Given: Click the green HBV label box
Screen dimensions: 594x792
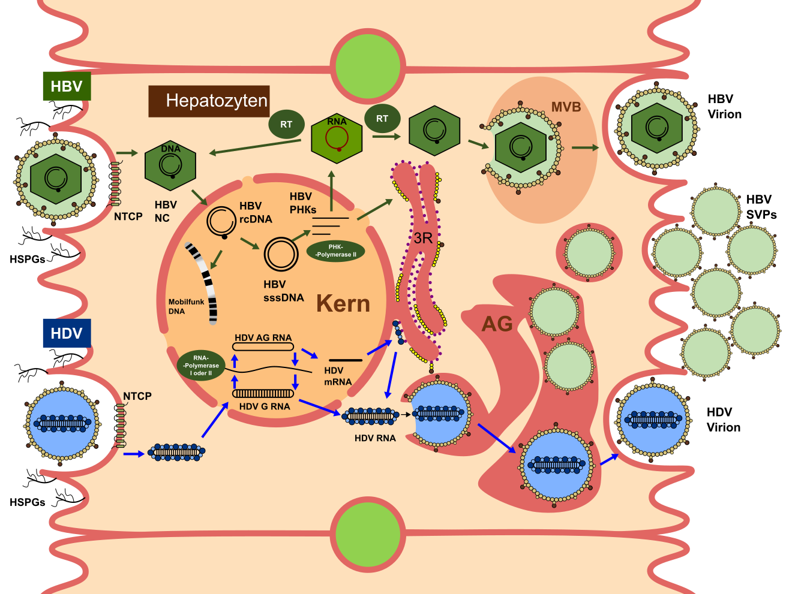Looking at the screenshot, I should tap(67, 86).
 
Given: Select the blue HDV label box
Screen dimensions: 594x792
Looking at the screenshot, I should tap(67, 333).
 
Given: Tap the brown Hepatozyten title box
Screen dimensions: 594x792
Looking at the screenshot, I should tap(209, 101).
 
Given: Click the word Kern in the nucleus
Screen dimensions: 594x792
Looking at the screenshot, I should tap(343, 304).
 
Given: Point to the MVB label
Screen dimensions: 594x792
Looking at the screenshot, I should tap(566, 107).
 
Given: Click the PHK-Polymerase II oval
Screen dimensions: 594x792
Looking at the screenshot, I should tap(335, 251).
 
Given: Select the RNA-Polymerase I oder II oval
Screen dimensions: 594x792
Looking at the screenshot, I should tap(201, 366).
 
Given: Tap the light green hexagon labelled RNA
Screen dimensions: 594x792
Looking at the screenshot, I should tap(337, 139).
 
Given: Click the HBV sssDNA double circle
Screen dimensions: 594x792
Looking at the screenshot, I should tap(281, 254).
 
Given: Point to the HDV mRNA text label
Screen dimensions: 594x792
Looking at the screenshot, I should tap(337, 376).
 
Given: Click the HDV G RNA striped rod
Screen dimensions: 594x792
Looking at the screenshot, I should tap(263, 393).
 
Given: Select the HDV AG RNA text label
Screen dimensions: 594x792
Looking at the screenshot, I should tap(263, 338).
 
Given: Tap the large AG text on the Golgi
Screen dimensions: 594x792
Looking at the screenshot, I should tap(497, 324).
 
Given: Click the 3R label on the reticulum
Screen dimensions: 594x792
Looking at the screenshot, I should tap(423, 238).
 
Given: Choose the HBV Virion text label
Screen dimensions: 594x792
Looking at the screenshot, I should tap(724, 107).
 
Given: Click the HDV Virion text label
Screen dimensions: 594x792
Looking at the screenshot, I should tap(723, 420).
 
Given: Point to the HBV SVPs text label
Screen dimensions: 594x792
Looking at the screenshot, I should tap(761, 207).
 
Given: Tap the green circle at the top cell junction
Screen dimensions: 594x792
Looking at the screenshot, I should tap(368, 65).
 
